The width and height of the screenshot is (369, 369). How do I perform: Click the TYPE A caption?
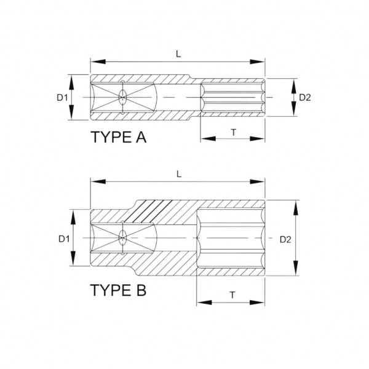(118, 137)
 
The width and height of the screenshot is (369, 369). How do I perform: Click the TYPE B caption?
(118, 290)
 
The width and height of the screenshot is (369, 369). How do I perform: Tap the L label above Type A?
(178, 54)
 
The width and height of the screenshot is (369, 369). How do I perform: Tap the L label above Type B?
(179, 174)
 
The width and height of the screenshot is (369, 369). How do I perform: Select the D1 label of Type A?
(62, 97)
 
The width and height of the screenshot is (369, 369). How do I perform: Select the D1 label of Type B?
(64, 239)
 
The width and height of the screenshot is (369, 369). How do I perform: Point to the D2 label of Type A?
(305, 97)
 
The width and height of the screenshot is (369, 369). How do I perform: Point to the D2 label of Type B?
(285, 240)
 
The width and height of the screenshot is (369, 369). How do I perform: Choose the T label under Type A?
(233, 133)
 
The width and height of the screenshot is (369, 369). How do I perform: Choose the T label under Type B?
(232, 295)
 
